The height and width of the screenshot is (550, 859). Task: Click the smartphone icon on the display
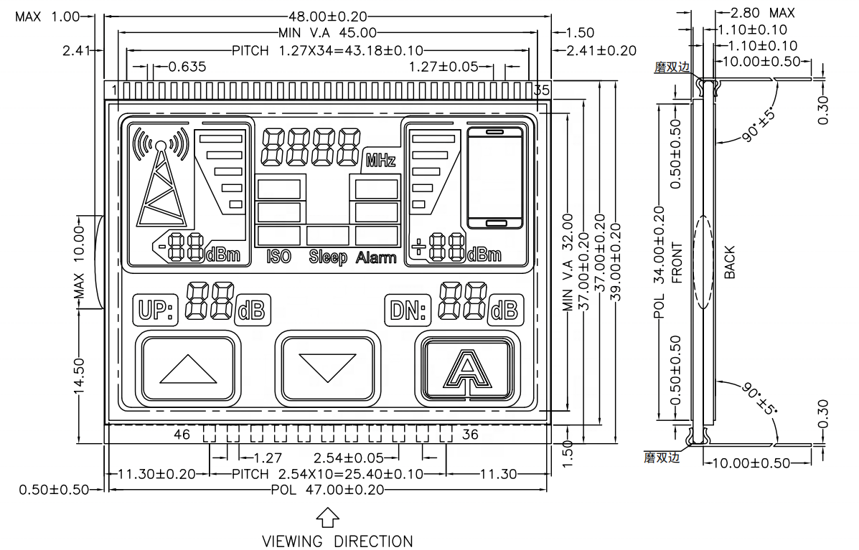[494, 177]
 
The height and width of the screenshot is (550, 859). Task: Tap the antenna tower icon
[162, 179]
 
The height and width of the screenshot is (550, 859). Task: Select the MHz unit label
[380, 160]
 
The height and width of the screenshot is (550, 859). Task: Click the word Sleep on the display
[328, 257]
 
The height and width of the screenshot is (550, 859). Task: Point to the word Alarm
[376, 257]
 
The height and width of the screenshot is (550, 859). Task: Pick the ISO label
[278, 256]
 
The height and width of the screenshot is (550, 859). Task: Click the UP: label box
[154, 310]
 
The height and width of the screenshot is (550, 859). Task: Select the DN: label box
[408, 310]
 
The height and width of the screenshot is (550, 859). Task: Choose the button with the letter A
[468, 369]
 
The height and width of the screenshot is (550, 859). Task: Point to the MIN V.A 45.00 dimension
[328, 32]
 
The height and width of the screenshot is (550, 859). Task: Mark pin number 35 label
[543, 90]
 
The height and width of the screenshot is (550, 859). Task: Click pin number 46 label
[182, 434]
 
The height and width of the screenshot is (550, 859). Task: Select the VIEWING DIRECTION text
[337, 541]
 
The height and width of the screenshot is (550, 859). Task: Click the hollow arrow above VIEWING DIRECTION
[327, 516]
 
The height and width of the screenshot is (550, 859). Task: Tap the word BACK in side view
[729, 262]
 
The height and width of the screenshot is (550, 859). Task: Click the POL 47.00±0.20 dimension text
[327, 489]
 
